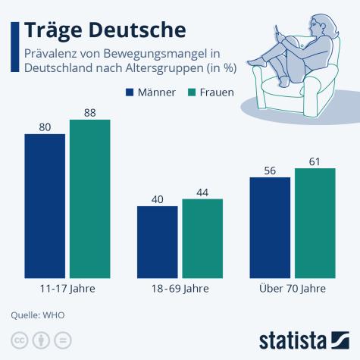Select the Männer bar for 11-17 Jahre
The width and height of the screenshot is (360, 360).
click(x=45, y=206)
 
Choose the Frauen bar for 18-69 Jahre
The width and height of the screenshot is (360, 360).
click(x=202, y=238)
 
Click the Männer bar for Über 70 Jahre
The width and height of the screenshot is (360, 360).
click(x=269, y=227)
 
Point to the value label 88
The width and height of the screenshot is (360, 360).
click(x=89, y=112)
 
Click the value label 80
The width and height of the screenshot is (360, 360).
click(x=45, y=127)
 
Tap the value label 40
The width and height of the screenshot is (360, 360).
click(x=157, y=199)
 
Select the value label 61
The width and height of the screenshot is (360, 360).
click(x=315, y=161)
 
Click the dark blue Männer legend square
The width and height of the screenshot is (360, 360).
click(x=130, y=92)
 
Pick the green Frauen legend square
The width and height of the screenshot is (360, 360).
click(x=193, y=92)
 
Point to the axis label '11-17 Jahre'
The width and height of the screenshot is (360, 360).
click(x=67, y=289)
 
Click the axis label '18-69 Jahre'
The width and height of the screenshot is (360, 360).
click(x=180, y=289)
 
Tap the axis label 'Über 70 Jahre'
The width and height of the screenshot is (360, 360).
click(x=292, y=289)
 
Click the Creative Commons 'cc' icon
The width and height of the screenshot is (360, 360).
click(x=18, y=339)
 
